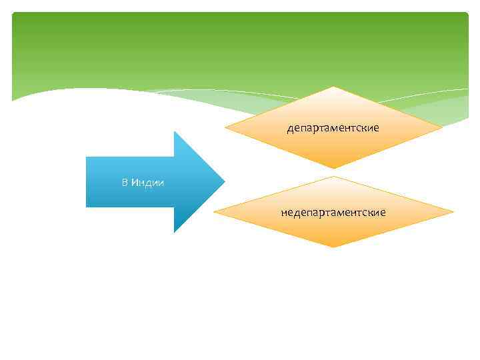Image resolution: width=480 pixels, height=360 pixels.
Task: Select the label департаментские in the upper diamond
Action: click(333, 127)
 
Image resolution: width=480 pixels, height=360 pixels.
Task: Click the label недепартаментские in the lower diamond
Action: click(333, 213)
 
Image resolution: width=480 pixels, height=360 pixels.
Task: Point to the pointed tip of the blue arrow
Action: click(225, 181)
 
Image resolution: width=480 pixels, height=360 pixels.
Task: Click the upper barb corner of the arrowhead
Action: click(174, 131)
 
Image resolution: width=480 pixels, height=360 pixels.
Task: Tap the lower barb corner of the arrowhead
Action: click(174, 232)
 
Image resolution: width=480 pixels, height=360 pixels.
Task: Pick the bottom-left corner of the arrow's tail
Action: click(87, 207)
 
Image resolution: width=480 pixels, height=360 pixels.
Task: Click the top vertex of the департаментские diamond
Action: click(333, 87)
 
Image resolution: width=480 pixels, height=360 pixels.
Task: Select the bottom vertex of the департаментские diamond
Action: click(333, 168)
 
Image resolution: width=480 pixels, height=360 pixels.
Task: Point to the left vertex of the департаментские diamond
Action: click(225, 127)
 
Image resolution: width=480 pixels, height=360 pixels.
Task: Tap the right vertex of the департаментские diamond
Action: click(442, 127)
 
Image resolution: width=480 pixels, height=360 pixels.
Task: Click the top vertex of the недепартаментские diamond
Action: click(333, 177)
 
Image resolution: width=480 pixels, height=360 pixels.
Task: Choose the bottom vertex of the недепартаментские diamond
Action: click(333, 247)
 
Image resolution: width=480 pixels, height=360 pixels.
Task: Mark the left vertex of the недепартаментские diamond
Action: click(215, 213)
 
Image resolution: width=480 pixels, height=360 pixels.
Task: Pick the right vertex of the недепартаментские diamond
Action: click(453, 213)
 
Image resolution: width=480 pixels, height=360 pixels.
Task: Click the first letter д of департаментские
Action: click(290, 128)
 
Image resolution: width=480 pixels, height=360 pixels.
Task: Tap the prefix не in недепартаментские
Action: click(286, 213)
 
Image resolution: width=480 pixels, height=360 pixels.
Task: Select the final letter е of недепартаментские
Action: click(383, 213)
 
